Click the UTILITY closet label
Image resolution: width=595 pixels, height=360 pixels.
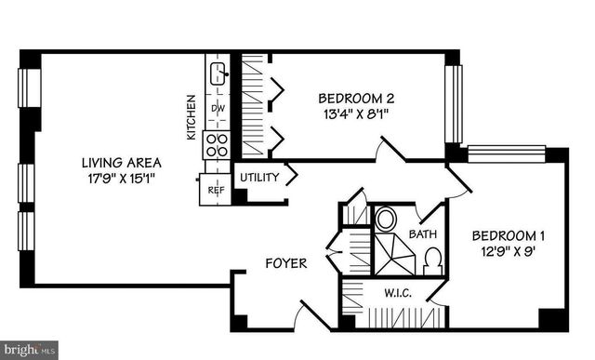(259, 177)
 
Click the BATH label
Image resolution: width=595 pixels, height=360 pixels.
(423, 234)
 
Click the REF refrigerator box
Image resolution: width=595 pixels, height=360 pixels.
(216, 190)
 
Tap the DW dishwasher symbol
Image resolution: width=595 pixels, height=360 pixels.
(218, 109)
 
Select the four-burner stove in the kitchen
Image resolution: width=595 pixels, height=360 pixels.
(217, 144)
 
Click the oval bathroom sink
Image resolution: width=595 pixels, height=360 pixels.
(385, 220)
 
